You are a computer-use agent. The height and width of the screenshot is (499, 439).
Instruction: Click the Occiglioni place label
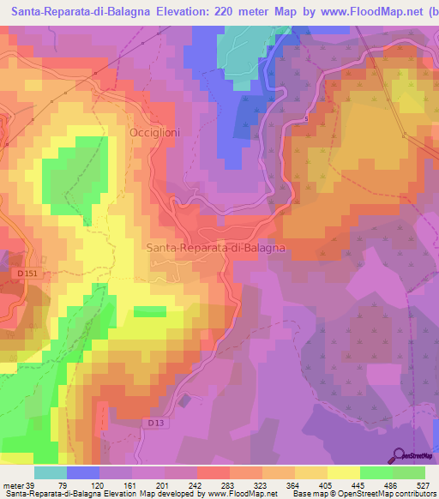point(154,133)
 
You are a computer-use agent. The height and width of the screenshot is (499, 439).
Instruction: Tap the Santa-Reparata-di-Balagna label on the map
point(215,247)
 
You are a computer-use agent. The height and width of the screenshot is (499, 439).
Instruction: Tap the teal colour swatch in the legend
point(51,472)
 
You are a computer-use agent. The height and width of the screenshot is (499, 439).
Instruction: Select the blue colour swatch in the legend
point(83,472)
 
